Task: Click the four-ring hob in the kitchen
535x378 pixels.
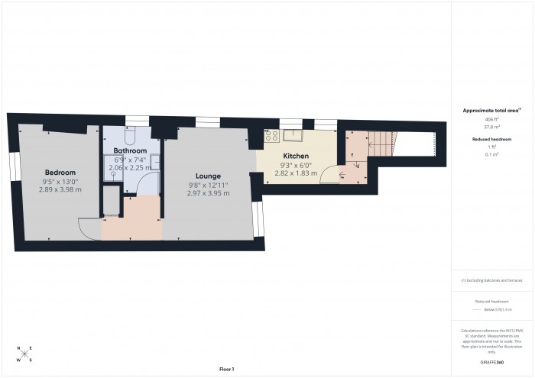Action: (x=270, y=137)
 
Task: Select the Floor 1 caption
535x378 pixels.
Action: (x=226, y=369)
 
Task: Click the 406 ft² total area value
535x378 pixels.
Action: (x=491, y=120)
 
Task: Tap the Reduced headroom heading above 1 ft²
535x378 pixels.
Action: (x=491, y=138)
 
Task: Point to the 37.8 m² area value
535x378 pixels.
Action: (x=491, y=128)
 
